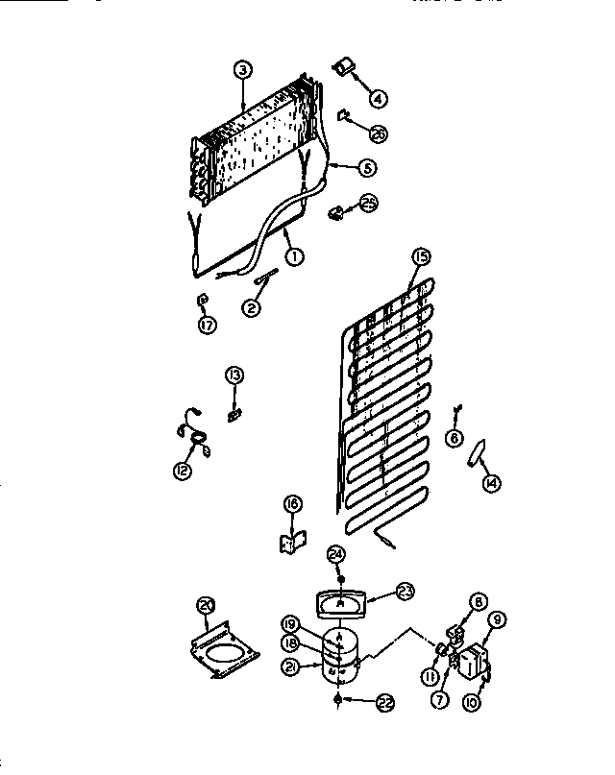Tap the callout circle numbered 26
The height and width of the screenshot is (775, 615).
click(x=379, y=134)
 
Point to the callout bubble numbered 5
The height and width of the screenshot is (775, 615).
click(x=366, y=167)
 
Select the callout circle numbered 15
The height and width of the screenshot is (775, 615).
click(x=419, y=256)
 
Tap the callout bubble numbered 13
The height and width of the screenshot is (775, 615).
click(x=235, y=375)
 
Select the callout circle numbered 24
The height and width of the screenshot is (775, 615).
click(x=335, y=554)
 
